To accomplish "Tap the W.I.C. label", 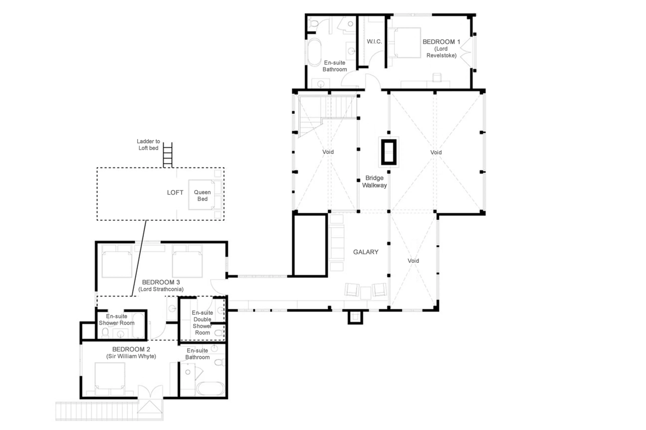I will [x=374, y=42].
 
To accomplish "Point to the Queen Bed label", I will [x=202, y=196].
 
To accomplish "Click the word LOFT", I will [x=175, y=193].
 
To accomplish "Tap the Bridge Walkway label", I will [x=374, y=181].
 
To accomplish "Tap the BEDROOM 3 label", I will [x=161, y=282].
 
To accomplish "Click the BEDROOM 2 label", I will [x=131, y=349].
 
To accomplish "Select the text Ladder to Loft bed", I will [x=148, y=145].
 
